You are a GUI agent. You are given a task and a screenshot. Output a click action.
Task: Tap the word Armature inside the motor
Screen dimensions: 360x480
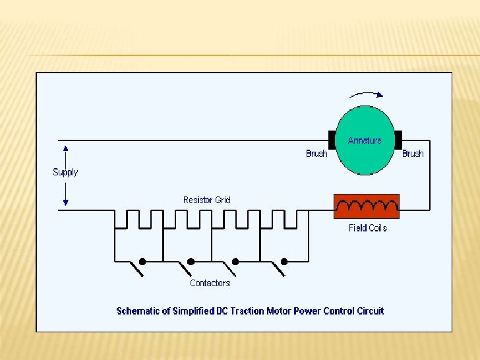(x=365, y=140)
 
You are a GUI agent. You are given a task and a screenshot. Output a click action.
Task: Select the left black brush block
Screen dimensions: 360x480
(x=332, y=140)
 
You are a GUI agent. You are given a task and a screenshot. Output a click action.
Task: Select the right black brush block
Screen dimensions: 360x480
(x=398, y=140)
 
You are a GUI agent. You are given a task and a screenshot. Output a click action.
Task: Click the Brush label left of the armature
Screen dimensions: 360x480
(x=316, y=154)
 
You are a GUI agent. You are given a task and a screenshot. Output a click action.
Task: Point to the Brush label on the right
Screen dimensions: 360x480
(x=413, y=154)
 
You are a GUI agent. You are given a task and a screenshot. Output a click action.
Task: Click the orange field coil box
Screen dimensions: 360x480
(x=367, y=206)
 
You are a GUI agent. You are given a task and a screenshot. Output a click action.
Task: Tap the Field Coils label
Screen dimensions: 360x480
(x=367, y=228)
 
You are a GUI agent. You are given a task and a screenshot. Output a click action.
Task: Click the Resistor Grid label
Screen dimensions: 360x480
(x=207, y=200)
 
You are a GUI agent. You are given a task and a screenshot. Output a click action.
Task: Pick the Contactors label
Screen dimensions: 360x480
(x=210, y=283)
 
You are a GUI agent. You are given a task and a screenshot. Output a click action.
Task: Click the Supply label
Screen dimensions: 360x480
(x=65, y=172)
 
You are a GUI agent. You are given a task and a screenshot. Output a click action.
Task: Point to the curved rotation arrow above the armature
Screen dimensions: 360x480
(x=366, y=94)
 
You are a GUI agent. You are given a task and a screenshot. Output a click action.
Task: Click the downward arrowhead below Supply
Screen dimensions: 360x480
(x=65, y=202)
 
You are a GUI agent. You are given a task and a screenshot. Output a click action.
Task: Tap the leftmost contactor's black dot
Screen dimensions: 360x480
(x=142, y=261)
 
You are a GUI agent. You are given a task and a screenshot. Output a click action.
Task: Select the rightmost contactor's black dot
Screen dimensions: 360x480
(x=284, y=261)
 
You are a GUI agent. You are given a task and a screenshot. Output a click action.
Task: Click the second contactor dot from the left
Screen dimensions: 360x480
(x=191, y=261)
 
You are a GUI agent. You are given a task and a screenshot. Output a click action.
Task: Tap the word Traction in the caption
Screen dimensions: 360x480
(x=245, y=311)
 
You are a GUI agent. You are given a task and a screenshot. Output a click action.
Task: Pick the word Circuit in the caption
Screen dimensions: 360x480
(x=370, y=311)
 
